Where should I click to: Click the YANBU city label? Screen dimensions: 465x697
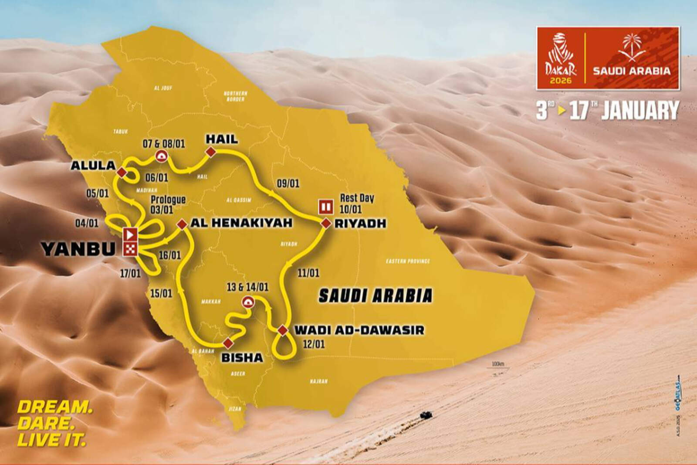point(78,248)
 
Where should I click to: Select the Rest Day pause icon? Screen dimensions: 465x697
point(325,206)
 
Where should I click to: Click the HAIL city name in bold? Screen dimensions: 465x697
point(222,139)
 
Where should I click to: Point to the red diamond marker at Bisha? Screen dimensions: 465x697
point(227,342)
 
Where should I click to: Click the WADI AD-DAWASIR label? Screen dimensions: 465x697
point(359,329)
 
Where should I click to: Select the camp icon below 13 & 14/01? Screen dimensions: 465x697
point(247,302)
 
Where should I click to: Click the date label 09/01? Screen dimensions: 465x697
point(288,183)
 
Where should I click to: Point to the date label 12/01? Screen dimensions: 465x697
point(314,344)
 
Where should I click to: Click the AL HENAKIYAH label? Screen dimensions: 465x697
point(241,223)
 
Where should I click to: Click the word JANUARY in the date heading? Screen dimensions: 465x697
point(640,110)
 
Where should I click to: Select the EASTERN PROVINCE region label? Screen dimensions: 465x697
point(408,261)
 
